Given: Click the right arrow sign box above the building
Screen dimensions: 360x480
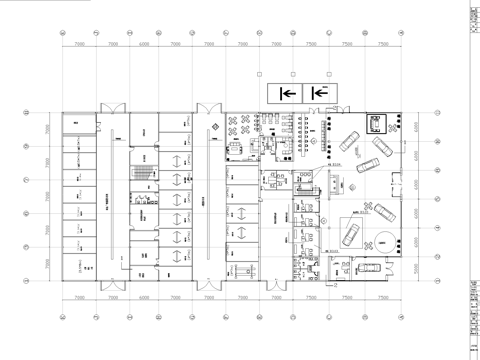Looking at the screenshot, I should point(318,93).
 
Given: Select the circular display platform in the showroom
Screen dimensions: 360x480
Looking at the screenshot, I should point(385,242).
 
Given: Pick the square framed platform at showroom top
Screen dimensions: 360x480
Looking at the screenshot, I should point(378,123).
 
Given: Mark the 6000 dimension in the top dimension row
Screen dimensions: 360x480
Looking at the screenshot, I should point(144,45).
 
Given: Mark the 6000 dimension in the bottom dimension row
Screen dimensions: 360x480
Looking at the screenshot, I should point(144,297).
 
